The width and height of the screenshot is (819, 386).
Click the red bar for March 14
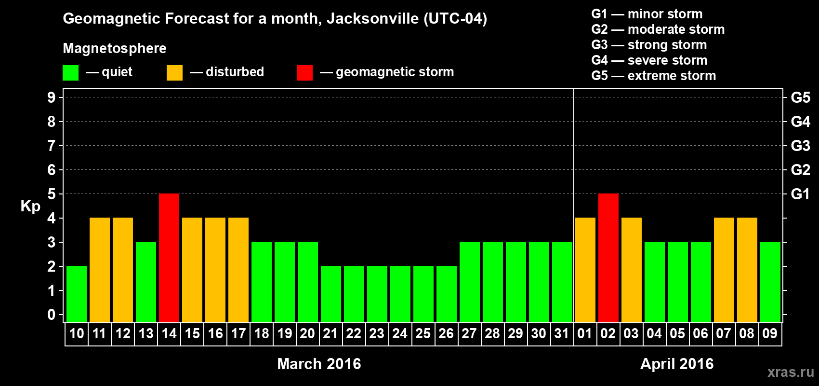click(x=169, y=258)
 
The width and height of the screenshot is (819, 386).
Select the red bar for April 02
click(x=608, y=258)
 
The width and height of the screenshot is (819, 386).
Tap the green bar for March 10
click(x=77, y=294)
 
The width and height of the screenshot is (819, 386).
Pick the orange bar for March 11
click(x=100, y=270)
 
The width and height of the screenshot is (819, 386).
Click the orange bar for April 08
click(x=747, y=270)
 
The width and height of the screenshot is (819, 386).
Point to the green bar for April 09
click(x=770, y=282)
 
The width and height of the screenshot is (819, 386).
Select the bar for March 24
click(x=400, y=294)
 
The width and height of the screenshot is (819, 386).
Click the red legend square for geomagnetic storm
click(x=304, y=73)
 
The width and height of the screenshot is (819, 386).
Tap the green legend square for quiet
click(x=71, y=73)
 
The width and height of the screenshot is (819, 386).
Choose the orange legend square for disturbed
click(x=174, y=73)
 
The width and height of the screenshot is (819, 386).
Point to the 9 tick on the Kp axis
click(x=52, y=97)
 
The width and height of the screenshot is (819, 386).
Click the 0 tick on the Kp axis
click(x=52, y=315)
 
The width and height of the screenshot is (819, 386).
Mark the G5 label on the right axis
click(x=800, y=97)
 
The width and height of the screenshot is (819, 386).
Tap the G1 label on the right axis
click(x=800, y=194)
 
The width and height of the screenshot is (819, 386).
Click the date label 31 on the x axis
click(x=562, y=333)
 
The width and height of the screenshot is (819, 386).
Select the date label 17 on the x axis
click(x=238, y=333)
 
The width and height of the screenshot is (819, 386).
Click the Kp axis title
click(x=30, y=207)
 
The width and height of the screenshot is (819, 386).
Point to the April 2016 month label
click(x=677, y=364)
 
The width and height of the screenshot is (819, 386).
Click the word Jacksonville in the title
click(x=373, y=19)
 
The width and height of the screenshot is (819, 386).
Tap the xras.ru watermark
click(x=791, y=372)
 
